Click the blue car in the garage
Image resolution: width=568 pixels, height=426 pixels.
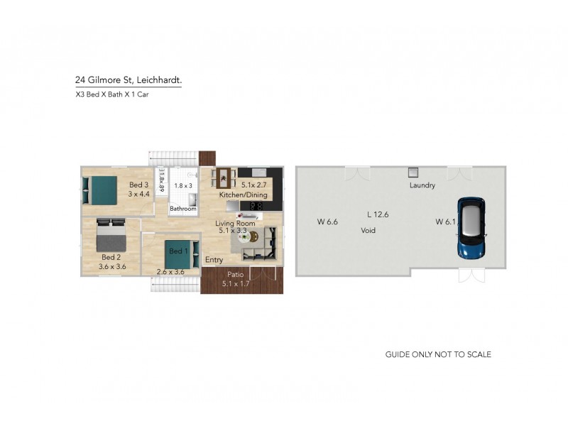tap(470, 228)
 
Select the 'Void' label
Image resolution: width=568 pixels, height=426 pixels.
tap(368, 231)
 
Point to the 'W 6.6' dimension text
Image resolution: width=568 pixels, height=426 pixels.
tap(327, 222)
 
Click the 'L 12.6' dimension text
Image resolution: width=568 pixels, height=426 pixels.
tap(378, 214)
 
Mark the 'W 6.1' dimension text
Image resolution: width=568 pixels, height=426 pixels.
tap(445, 222)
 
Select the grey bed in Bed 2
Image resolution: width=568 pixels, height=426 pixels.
tap(111, 233)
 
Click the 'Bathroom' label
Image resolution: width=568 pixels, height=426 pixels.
tap(182, 209)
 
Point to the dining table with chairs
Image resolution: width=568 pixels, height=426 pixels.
tap(224, 177)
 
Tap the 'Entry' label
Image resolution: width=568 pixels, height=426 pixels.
tap(214, 260)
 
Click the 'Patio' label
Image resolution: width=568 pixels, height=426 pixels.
tap(235, 274)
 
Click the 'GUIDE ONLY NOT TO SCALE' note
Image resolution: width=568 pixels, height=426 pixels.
tap(438, 354)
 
